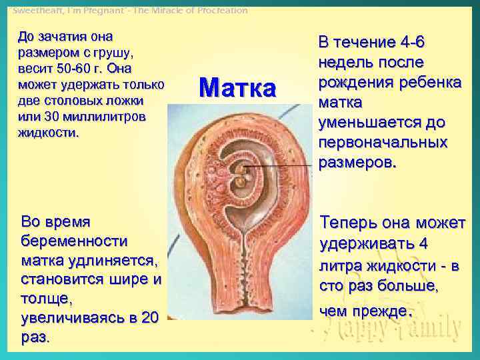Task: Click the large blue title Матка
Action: [x=237, y=87]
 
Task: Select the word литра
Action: [x=341, y=267]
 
